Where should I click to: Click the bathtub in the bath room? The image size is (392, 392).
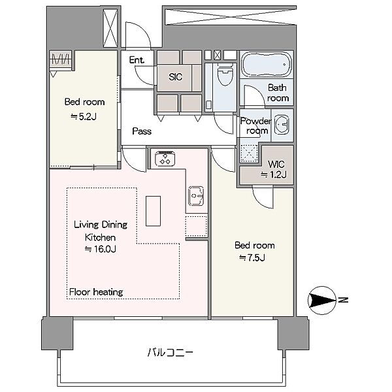coord(267,65)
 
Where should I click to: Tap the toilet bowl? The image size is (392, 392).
coord(225,74)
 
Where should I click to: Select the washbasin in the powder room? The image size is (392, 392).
coord(282,124)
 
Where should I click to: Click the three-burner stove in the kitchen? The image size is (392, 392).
coord(165,159)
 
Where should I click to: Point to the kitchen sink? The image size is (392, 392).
coord(197,196)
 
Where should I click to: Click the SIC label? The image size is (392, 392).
coord(175,77)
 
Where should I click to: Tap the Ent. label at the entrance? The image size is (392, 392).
coord(137,60)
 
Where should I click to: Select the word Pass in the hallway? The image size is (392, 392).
coord(142,131)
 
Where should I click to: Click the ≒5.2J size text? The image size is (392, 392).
coord(84,116)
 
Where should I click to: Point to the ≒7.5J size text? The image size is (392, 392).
coord(252,257)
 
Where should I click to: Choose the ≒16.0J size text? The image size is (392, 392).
coord(100,249)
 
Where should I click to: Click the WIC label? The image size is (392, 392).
coord(276,164)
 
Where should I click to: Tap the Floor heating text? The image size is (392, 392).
coord(96,292)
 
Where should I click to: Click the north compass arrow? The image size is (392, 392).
coord(322,300)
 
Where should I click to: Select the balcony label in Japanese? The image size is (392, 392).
coord(170,353)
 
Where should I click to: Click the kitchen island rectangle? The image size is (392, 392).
coord(153,211)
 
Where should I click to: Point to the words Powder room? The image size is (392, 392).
coord(255,125)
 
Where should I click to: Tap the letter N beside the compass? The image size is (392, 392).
coord(344,300)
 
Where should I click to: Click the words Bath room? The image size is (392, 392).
coord(278,93)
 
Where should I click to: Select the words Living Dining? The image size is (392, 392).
coord(101,225)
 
